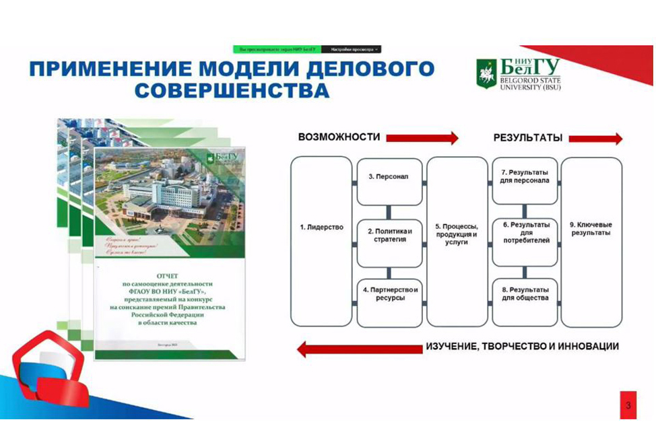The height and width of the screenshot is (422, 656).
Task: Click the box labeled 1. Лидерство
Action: (x=321, y=241)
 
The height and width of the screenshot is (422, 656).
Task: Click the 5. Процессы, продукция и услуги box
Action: (x=457, y=241)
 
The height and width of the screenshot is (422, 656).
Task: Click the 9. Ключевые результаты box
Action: (x=591, y=241)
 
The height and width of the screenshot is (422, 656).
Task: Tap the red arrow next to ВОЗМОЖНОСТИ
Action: (x=422, y=137)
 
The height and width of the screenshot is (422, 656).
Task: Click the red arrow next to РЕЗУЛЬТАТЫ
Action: (x=595, y=139)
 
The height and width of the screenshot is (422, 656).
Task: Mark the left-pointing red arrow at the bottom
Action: (x=358, y=349)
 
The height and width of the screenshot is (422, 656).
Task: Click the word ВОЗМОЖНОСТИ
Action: (x=339, y=137)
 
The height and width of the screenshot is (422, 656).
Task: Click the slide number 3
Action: (x=628, y=405)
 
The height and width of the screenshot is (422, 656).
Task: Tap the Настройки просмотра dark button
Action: (x=351, y=49)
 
